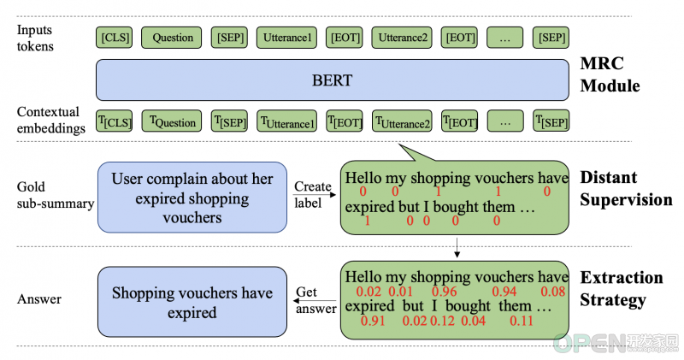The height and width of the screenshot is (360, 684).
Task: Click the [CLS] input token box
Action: click(114, 38)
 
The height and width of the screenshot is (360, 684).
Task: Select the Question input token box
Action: click(172, 38)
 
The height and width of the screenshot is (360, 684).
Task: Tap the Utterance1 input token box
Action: click(286, 38)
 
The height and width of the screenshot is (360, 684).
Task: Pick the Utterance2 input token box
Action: click(402, 38)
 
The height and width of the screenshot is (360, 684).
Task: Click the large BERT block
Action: click(333, 80)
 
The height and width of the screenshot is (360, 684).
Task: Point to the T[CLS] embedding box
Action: click(114, 121)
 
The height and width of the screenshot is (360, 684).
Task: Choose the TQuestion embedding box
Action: click(172, 121)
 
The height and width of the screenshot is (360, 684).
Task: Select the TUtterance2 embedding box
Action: click(402, 121)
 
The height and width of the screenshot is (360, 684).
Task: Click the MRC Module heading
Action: click(610, 74)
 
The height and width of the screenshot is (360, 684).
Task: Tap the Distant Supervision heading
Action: click(626, 188)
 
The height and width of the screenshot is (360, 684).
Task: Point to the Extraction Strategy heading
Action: click(622, 289)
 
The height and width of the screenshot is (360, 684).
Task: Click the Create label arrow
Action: click(315, 195)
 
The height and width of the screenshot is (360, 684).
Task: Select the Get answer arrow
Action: click(315, 301)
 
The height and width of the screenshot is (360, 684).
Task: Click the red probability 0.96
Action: click(444, 292)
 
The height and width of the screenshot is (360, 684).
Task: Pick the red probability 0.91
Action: click(373, 322)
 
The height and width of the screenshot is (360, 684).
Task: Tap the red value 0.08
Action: click(552, 292)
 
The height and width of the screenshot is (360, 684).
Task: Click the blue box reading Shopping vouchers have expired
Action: click(192, 302)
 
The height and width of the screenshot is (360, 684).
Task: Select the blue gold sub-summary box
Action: click(192, 198)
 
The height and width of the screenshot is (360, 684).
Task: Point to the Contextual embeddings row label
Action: click(50, 120)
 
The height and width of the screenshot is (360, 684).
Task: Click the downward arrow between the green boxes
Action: click(457, 247)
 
